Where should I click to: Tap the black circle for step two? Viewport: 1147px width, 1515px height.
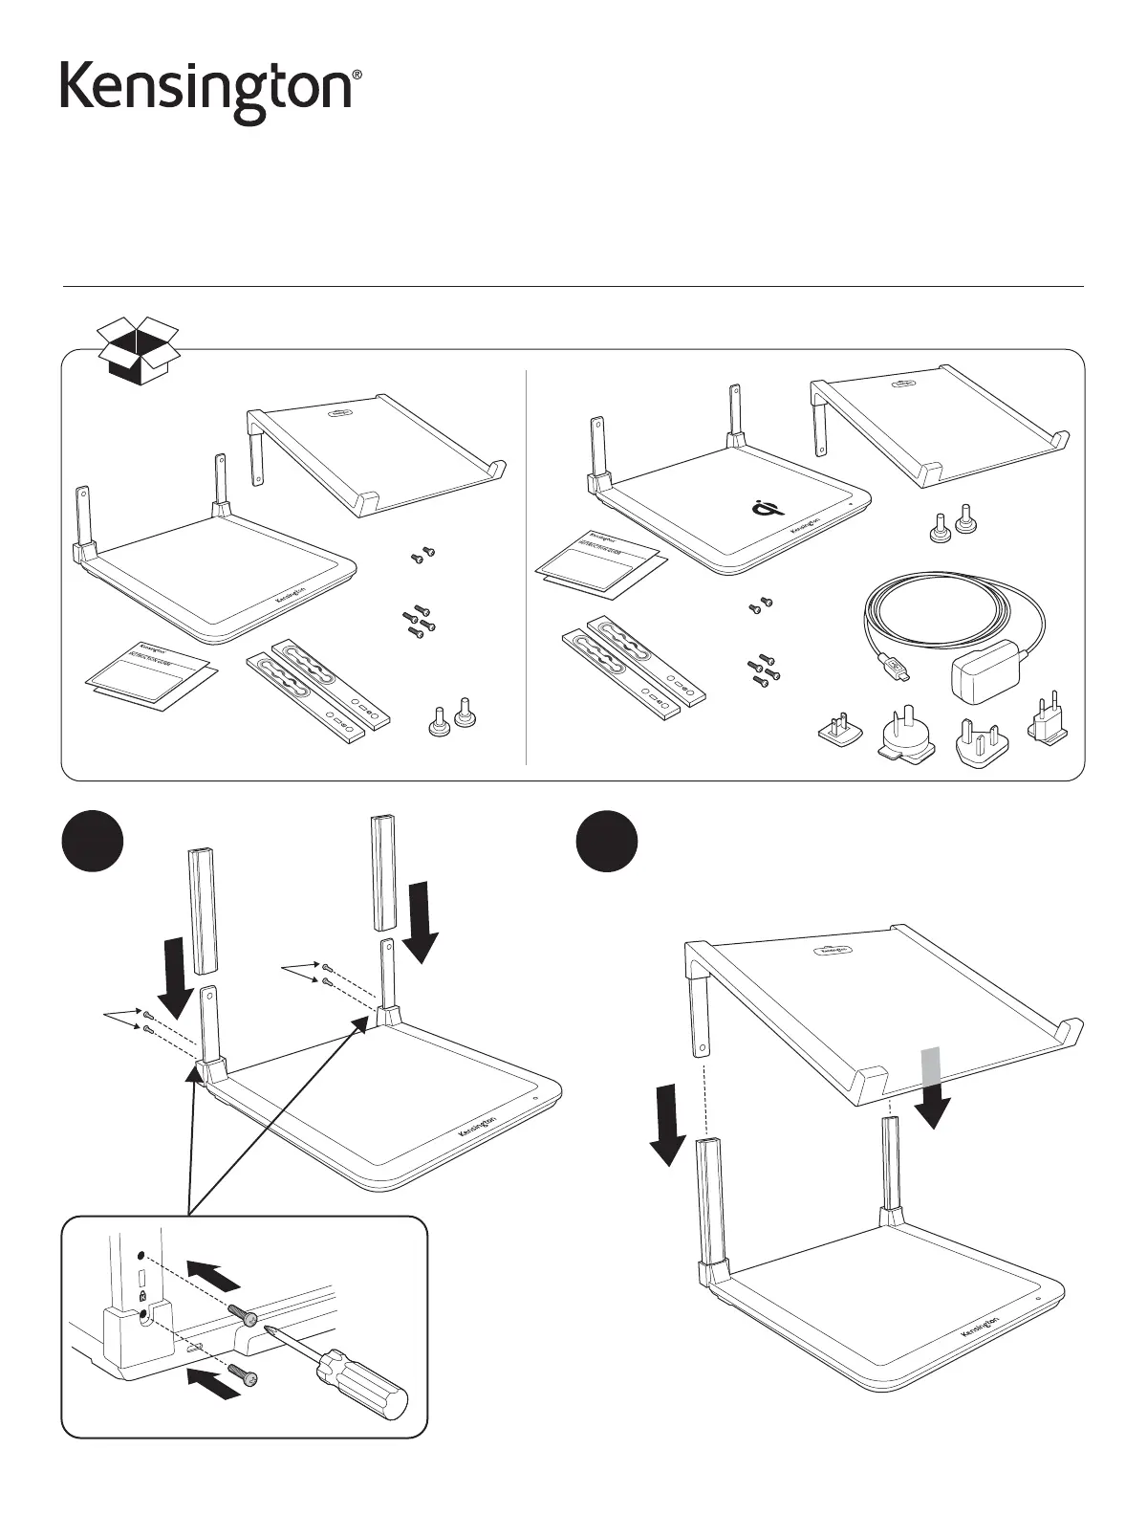[608, 843]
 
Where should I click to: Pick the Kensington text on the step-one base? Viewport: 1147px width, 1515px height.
[478, 1126]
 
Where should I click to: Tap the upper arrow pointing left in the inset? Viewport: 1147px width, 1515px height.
[214, 1275]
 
